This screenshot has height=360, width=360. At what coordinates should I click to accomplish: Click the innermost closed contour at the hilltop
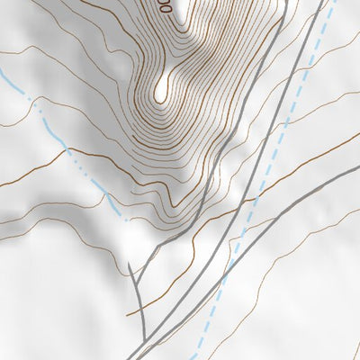coord(163,88)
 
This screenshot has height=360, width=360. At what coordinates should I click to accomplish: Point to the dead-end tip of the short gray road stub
coord(130,264)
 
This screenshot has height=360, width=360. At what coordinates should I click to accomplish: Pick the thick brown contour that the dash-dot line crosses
coord(45,171)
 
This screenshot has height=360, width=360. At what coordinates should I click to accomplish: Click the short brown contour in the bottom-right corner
coord(354,346)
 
